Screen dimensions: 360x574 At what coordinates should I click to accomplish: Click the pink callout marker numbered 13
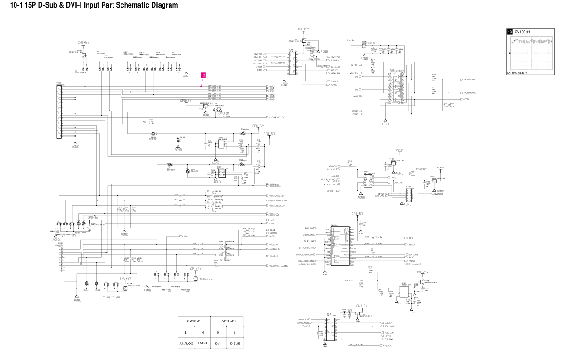[203, 75]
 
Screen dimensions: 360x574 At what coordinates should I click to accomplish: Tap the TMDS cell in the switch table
[202, 344]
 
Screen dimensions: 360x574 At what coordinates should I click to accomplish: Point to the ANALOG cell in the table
[186, 344]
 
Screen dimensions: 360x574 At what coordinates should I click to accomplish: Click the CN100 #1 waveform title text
[522, 32]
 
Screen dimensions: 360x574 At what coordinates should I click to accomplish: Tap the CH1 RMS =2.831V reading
[517, 73]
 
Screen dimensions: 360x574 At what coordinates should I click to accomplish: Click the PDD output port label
[466, 99]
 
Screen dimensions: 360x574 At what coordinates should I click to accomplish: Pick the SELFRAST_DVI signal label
[278, 117]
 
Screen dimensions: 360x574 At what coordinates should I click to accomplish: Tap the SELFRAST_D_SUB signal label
[279, 266]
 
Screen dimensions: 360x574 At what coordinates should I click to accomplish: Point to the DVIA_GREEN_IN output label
[278, 200]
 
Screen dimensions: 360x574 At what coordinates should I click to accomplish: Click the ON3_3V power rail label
[362, 306]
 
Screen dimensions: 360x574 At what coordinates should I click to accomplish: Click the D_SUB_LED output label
[336, 61]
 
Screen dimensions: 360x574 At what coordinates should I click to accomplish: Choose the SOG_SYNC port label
[389, 326]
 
